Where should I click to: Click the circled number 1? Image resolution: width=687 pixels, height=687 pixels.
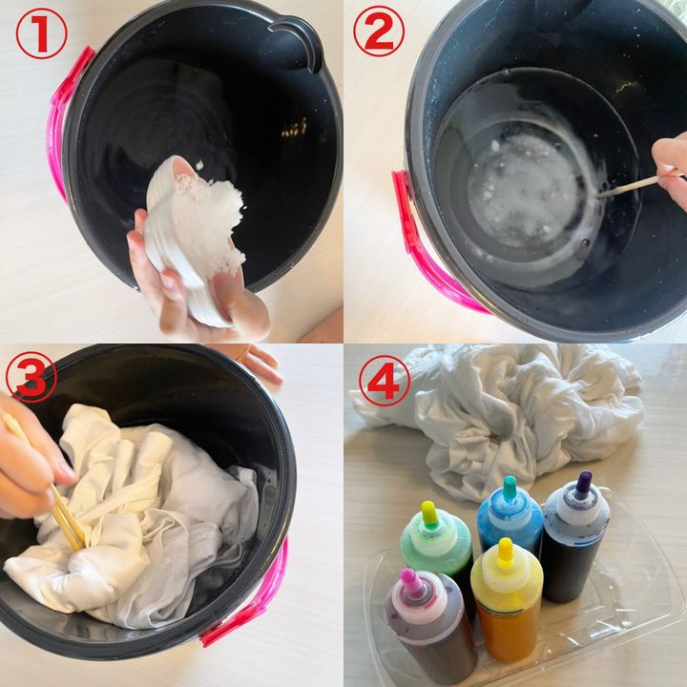click(x=42, y=33)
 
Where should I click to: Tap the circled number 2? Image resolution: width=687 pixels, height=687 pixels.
click(x=379, y=31)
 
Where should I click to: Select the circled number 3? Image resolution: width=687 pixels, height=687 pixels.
click(x=31, y=377)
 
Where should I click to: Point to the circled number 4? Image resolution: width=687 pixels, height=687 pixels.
click(x=385, y=381)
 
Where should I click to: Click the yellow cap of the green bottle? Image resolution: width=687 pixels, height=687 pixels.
click(x=429, y=512)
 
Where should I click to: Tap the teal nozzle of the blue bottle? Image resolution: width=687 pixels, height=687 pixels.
click(x=510, y=488)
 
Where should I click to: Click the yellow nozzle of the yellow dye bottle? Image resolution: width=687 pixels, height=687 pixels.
click(x=505, y=550)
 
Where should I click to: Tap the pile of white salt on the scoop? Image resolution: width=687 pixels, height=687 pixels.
click(x=209, y=219)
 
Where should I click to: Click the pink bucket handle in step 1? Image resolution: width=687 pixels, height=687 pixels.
click(x=66, y=118)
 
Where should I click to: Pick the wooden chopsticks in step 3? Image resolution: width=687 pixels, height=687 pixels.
click(x=44, y=482)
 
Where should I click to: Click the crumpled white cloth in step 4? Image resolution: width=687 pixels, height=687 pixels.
click(x=504, y=416)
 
